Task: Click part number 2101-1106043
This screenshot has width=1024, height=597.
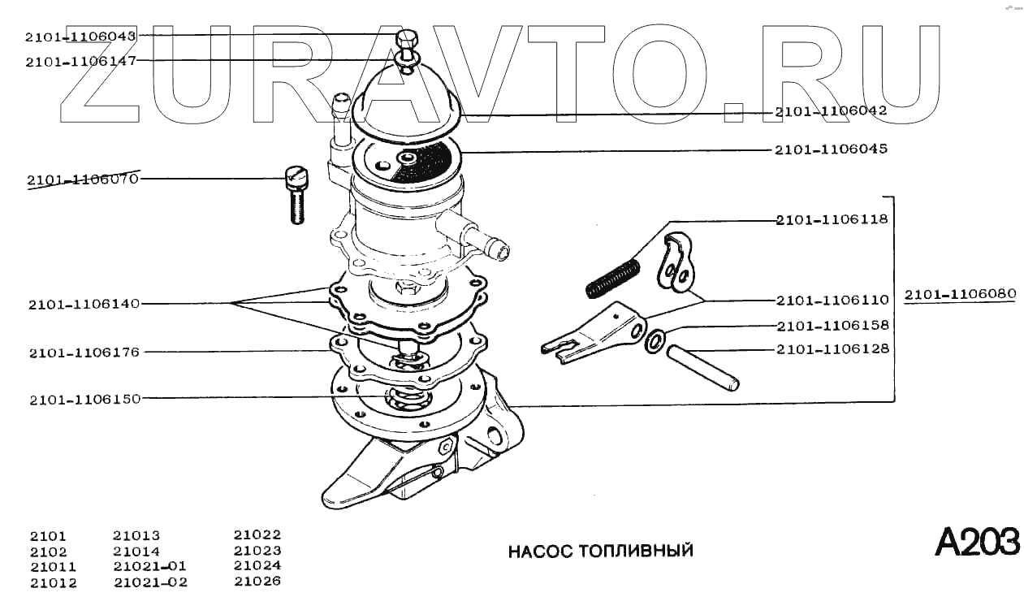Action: pos(80,36)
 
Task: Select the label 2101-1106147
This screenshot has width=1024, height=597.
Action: pos(80,61)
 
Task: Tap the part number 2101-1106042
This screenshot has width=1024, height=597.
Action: pos(831,111)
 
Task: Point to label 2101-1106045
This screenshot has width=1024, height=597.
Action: pos(831,149)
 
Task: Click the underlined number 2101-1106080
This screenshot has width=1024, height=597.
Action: pos(960,293)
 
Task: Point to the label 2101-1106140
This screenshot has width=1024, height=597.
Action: pos(84,304)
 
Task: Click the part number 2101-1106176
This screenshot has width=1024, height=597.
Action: pos(84,353)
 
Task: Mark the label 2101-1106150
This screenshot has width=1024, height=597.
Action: pos(84,400)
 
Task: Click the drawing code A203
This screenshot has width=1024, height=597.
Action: pos(976,542)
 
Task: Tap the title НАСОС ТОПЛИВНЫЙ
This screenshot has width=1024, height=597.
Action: pos(600,552)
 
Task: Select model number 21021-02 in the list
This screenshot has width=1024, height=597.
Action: pos(150,582)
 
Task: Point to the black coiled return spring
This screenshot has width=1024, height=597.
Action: pos(612,276)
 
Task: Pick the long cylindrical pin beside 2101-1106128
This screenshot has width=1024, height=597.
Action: pos(703,368)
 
